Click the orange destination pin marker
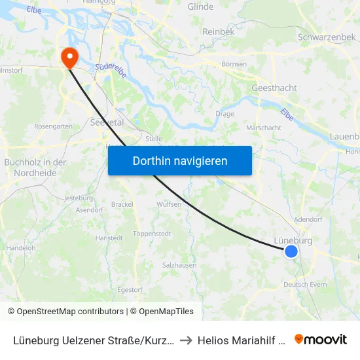[x=69, y=58]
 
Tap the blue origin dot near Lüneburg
[x=291, y=251]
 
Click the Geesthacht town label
[x=274, y=88]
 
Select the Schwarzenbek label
[x=327, y=37]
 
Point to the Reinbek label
[x=219, y=31]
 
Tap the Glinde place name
[x=200, y=7]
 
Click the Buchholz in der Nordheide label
[x=35, y=168]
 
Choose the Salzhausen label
[x=179, y=265]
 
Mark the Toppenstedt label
[x=152, y=234]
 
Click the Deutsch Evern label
[x=305, y=285]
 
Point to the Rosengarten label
[x=53, y=126]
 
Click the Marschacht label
[x=264, y=128]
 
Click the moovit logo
[x=321, y=339]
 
